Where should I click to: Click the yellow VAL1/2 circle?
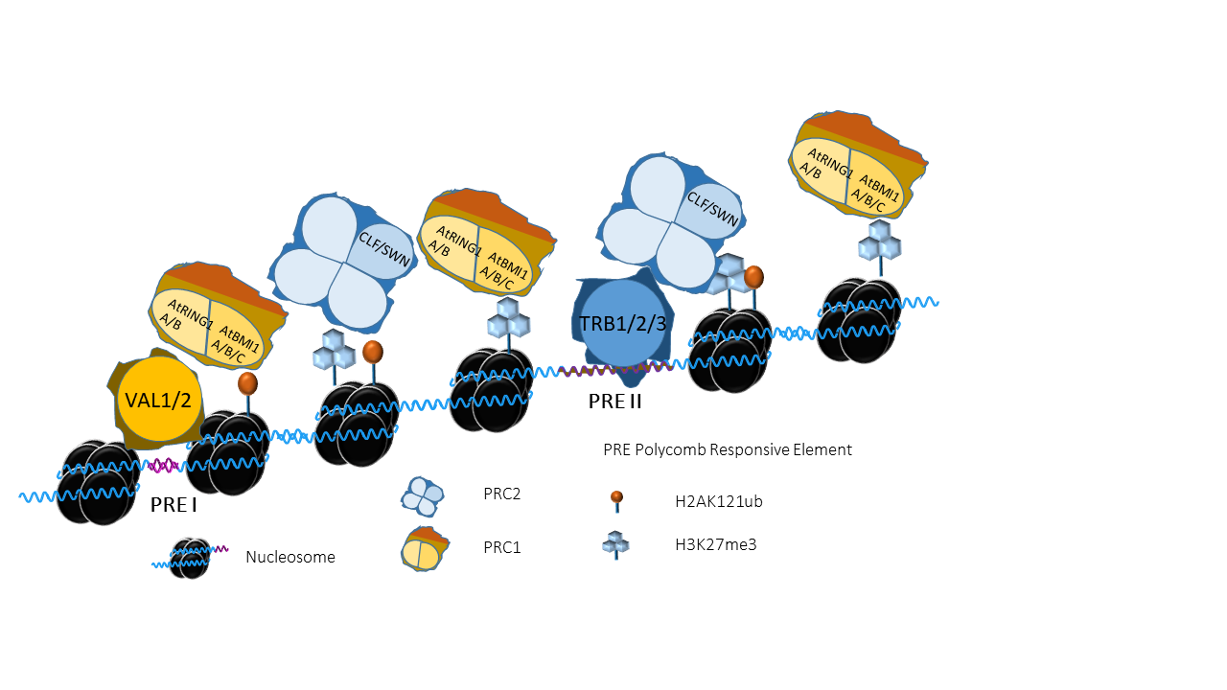[x=158, y=400]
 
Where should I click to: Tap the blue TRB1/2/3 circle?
[x=623, y=323]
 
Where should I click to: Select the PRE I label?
[x=174, y=505]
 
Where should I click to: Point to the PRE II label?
[x=614, y=402]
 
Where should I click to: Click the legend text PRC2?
[x=501, y=494]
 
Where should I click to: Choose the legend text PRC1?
[x=501, y=547]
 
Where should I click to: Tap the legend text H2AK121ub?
[x=719, y=501]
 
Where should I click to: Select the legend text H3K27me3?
[x=715, y=545]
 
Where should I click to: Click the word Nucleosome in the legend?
[x=290, y=557]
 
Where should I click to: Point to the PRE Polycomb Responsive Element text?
[x=728, y=449]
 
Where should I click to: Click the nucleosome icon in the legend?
[x=190, y=559]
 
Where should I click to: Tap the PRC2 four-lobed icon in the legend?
[x=423, y=496]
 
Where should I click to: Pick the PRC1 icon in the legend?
[x=425, y=549]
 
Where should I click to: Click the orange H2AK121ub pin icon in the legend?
[x=616, y=501]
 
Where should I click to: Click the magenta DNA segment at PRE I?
[x=163, y=466]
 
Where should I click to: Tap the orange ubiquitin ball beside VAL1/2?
[x=247, y=383]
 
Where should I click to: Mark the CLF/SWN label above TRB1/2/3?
[x=712, y=209]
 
